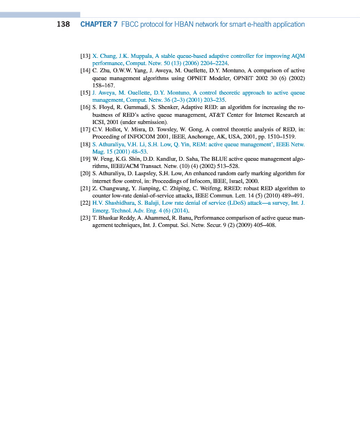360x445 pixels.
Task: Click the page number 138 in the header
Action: (63, 24)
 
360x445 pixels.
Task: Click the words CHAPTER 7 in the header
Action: (98, 24)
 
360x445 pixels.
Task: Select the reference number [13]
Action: (86, 56)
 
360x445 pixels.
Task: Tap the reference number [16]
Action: (86, 106)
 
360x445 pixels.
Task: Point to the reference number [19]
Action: (86, 159)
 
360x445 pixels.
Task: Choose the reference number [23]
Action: (86, 217)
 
